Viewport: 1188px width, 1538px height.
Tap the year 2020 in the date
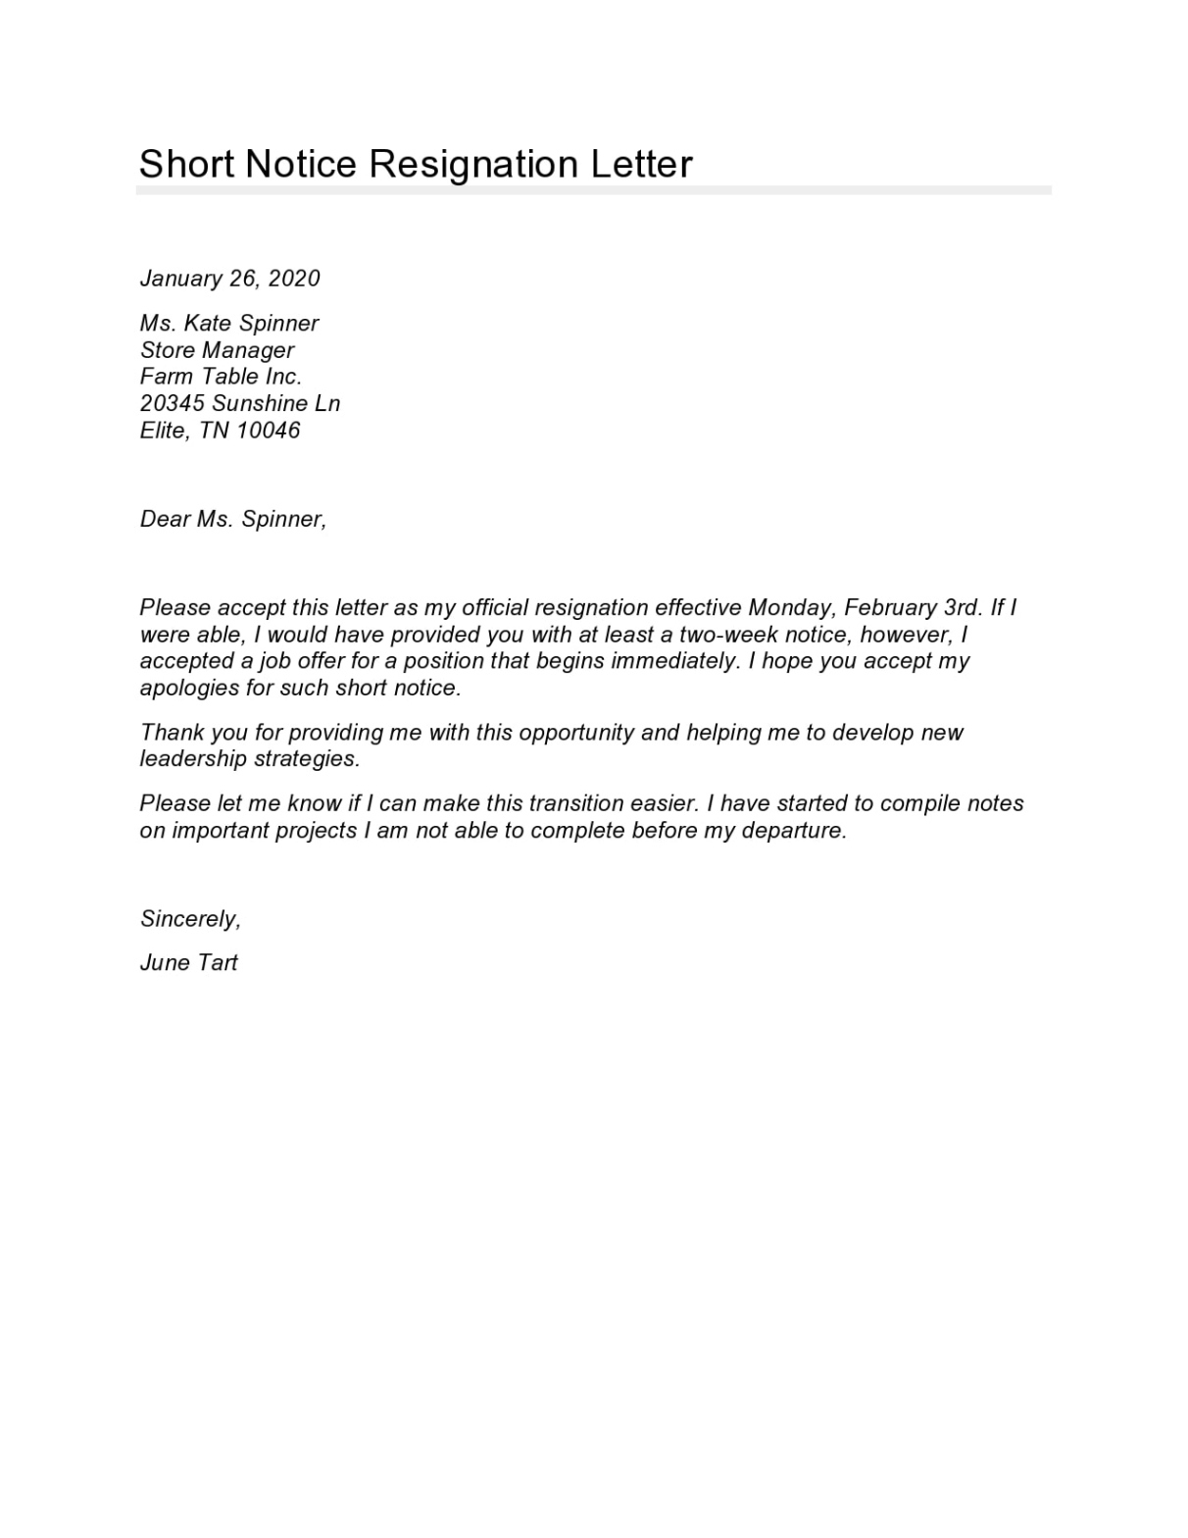pos(294,279)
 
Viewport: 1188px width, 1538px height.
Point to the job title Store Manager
pos(217,350)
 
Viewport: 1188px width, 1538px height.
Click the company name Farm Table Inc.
pos(221,377)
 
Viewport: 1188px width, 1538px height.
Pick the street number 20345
pos(173,403)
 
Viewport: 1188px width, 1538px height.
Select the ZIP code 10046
pos(268,430)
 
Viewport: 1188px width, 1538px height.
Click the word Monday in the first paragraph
pos(789,608)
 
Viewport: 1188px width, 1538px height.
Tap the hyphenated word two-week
pos(728,635)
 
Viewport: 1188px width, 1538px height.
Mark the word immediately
pos(674,661)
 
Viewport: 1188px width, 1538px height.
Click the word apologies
pos(189,689)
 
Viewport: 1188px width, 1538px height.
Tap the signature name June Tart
pos(189,963)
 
